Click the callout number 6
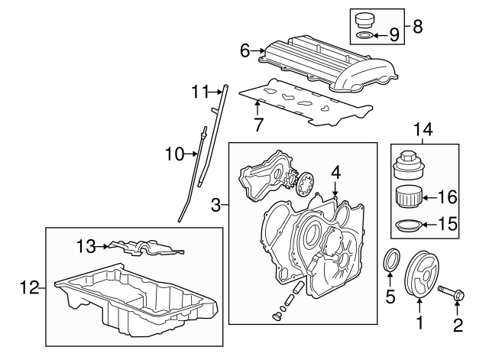tap(245, 50)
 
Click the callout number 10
tap(170, 154)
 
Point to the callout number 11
tap(199, 92)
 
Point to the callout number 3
tap(215, 204)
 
